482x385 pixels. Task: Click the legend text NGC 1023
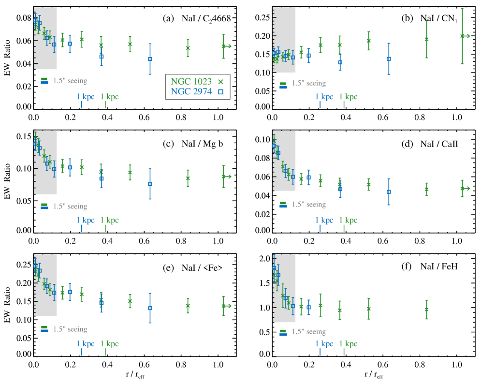[x=191, y=82]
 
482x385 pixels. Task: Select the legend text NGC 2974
[x=191, y=91]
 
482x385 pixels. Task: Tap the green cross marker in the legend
[x=221, y=82]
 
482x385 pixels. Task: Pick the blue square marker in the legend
[x=220, y=91]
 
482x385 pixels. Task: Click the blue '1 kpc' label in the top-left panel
[x=86, y=97]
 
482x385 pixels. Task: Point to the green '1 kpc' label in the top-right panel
[x=348, y=97]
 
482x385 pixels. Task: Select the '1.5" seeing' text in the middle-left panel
[x=71, y=207]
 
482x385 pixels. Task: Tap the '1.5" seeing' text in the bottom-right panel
[x=309, y=332]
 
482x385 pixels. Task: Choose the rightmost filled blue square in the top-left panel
[x=150, y=59]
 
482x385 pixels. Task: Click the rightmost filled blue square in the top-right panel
[x=389, y=59]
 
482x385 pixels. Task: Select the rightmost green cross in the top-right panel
[x=462, y=36]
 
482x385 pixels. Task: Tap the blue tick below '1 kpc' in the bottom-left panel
[x=81, y=352]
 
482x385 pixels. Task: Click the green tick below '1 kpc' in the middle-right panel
[x=344, y=228]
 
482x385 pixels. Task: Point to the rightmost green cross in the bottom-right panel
[x=426, y=309]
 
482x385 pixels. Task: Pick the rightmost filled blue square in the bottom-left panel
[x=150, y=308]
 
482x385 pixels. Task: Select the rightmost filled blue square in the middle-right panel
[x=389, y=192]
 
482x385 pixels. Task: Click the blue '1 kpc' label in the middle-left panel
[x=86, y=221]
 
